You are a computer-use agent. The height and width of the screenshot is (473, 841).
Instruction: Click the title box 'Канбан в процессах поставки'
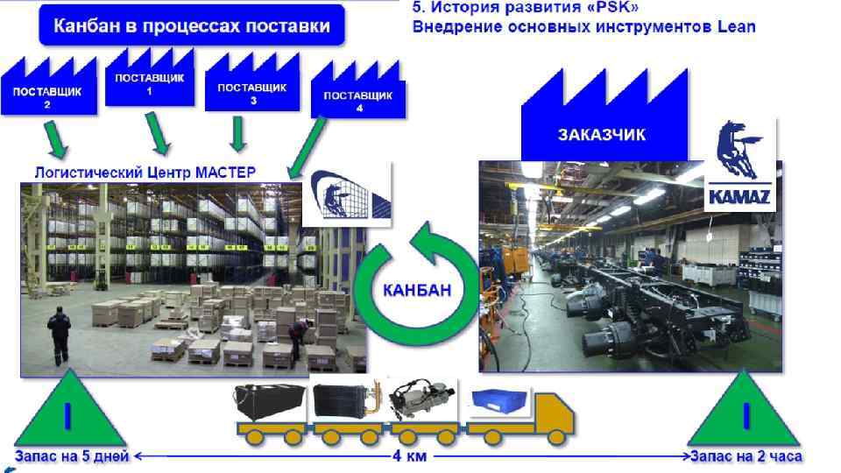[x=192, y=25]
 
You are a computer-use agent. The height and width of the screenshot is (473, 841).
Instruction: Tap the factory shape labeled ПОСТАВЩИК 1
[x=149, y=84]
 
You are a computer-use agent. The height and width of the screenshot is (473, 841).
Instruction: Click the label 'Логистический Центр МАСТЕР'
[x=145, y=173]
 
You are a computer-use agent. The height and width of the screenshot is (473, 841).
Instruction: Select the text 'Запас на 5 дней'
[x=72, y=455]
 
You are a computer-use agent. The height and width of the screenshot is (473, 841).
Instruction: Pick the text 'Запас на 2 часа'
[x=746, y=455]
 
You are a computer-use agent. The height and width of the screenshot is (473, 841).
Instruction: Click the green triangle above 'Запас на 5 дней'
[x=67, y=411]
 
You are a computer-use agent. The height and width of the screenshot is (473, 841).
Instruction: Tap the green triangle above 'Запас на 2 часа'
[x=745, y=411]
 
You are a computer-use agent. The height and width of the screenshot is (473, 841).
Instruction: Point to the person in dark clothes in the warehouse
[x=59, y=335]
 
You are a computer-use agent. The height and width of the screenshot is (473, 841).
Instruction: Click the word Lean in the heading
[x=736, y=26]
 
